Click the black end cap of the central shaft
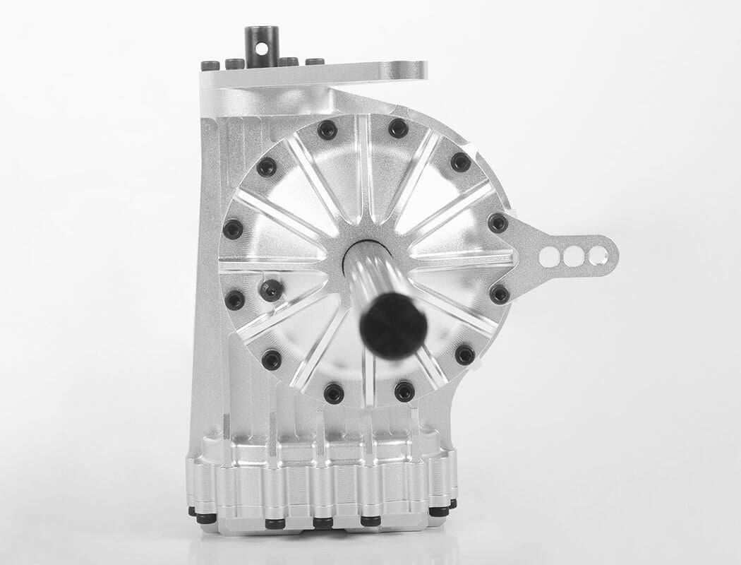(x=393, y=325)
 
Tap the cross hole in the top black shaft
(x=261, y=49)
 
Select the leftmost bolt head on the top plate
(x=210, y=66)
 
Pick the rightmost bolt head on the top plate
(x=315, y=62)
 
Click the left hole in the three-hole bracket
(x=549, y=256)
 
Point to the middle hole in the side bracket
(x=573, y=256)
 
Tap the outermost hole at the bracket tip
(x=598, y=255)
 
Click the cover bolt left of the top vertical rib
(x=327, y=130)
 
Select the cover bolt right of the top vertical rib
(x=398, y=128)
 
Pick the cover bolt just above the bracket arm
(x=498, y=223)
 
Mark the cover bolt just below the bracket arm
(x=500, y=294)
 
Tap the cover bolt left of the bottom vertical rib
(x=333, y=393)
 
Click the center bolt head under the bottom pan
(x=323, y=523)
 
